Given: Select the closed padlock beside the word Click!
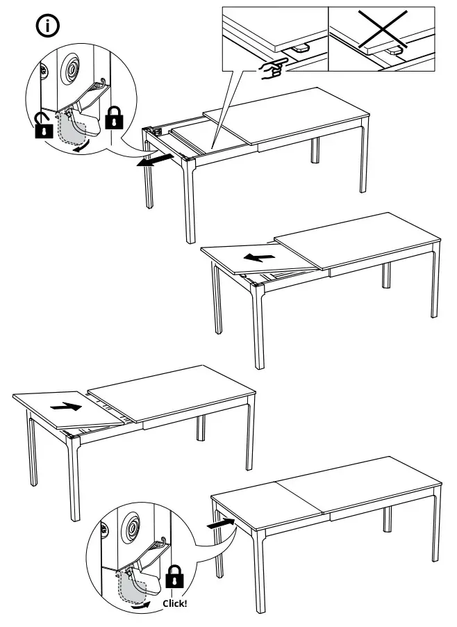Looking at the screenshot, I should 174,577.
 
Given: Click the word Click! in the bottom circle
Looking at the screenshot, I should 174,603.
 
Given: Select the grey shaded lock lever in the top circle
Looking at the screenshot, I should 70,128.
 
